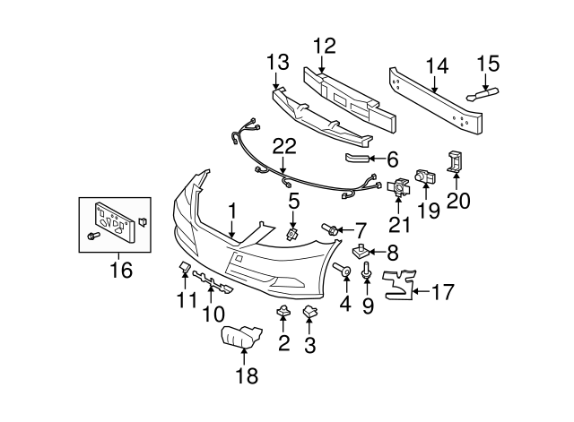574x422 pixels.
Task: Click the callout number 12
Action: tap(323, 45)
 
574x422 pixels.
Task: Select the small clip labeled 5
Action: tap(293, 235)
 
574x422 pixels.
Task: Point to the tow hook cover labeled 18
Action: tap(239, 338)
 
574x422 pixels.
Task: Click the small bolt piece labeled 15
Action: tap(481, 94)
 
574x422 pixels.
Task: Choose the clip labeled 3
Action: tap(311, 312)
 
